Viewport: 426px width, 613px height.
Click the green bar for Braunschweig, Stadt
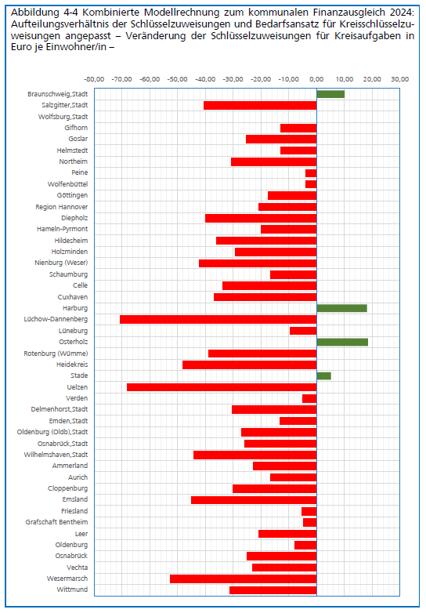(330, 94)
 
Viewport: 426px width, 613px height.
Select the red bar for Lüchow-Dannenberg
(218, 319)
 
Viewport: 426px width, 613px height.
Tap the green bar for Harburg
(341, 308)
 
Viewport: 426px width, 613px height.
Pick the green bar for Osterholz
(342, 342)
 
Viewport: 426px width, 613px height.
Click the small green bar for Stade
(323, 375)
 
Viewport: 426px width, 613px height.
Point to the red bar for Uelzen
(222, 387)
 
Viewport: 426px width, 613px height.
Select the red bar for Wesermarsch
(244, 579)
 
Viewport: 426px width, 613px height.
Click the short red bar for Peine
(311, 173)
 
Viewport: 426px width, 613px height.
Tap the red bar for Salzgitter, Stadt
(260, 106)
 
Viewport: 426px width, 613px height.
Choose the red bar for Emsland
(254, 499)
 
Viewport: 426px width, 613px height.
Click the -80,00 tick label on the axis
(94, 79)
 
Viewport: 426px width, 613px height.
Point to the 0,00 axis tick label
(316, 79)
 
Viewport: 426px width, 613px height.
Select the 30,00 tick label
(400, 79)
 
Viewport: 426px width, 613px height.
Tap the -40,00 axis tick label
(205, 79)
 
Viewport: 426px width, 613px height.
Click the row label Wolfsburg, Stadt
(63, 117)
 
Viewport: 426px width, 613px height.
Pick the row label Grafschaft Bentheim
(56, 522)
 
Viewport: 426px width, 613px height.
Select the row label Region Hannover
(62, 207)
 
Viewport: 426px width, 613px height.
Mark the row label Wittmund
(72, 589)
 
